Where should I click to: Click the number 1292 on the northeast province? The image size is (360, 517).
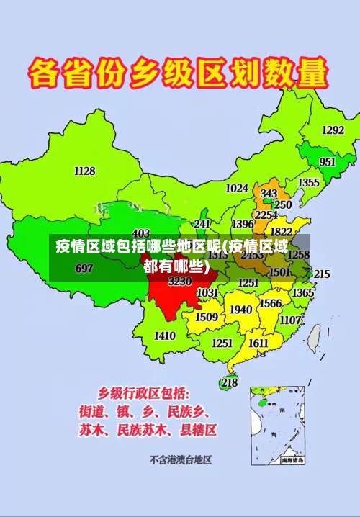333,130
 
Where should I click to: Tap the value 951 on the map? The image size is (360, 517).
328,162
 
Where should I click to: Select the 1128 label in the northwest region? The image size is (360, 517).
84,171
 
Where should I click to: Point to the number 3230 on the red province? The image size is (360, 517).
180,281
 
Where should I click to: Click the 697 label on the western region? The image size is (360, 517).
84,268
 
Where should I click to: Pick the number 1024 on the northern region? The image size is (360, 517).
237,188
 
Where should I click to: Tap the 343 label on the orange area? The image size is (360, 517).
269,194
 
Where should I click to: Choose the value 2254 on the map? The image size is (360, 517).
266,215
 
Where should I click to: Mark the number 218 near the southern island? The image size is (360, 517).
229,382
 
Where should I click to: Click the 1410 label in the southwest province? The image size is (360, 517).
165,336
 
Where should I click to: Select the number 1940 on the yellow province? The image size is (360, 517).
240,310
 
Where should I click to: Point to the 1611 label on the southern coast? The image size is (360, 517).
258,343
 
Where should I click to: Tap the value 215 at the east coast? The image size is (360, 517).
321,274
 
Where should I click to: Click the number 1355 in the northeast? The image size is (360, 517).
309,183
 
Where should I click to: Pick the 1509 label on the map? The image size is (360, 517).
207,316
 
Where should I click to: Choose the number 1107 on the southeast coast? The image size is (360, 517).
290,320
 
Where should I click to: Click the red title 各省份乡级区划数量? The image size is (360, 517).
179,73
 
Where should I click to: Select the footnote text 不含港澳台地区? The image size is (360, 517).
180,459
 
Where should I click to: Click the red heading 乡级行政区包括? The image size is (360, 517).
144,394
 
